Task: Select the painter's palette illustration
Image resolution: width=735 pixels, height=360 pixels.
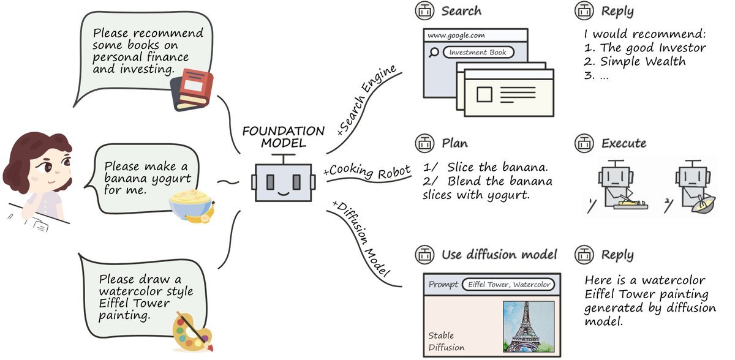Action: click(x=192, y=331)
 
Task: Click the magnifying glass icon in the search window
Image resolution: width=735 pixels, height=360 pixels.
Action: click(x=434, y=53)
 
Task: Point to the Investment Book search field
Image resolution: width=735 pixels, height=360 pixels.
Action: click(x=478, y=53)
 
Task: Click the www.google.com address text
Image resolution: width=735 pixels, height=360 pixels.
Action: click(x=456, y=35)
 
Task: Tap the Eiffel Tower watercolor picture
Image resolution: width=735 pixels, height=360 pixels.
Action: click(x=529, y=326)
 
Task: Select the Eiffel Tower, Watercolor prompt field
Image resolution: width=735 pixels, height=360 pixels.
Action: click(x=508, y=284)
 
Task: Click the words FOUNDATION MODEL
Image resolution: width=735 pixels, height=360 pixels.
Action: click(x=284, y=137)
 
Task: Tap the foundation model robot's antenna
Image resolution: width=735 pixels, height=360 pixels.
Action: click(x=284, y=159)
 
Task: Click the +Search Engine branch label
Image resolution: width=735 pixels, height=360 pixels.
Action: click(x=367, y=100)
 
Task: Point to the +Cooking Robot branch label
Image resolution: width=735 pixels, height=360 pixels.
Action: click(x=367, y=171)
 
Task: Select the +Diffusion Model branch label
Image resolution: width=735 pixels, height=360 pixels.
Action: click(x=361, y=238)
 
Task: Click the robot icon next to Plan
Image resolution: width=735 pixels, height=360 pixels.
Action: click(x=424, y=143)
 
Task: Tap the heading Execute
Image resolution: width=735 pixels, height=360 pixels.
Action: click(x=624, y=143)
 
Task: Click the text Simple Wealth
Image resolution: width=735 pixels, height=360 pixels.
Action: click(x=643, y=61)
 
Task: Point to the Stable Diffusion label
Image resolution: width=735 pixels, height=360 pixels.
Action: click(x=447, y=341)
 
